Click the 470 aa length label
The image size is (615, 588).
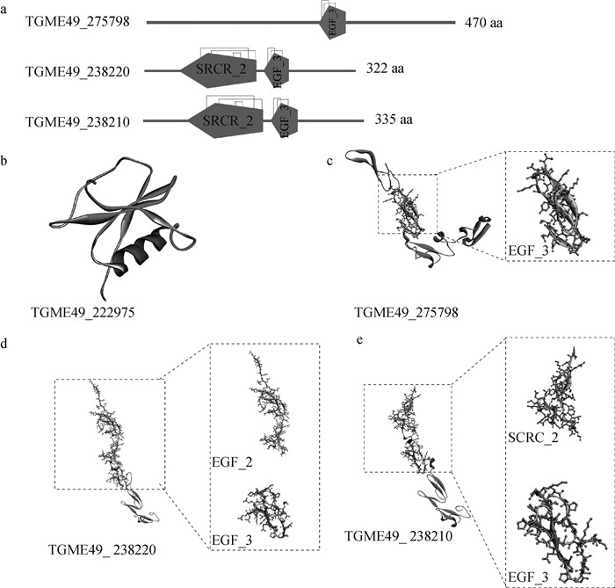coord(486,22)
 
